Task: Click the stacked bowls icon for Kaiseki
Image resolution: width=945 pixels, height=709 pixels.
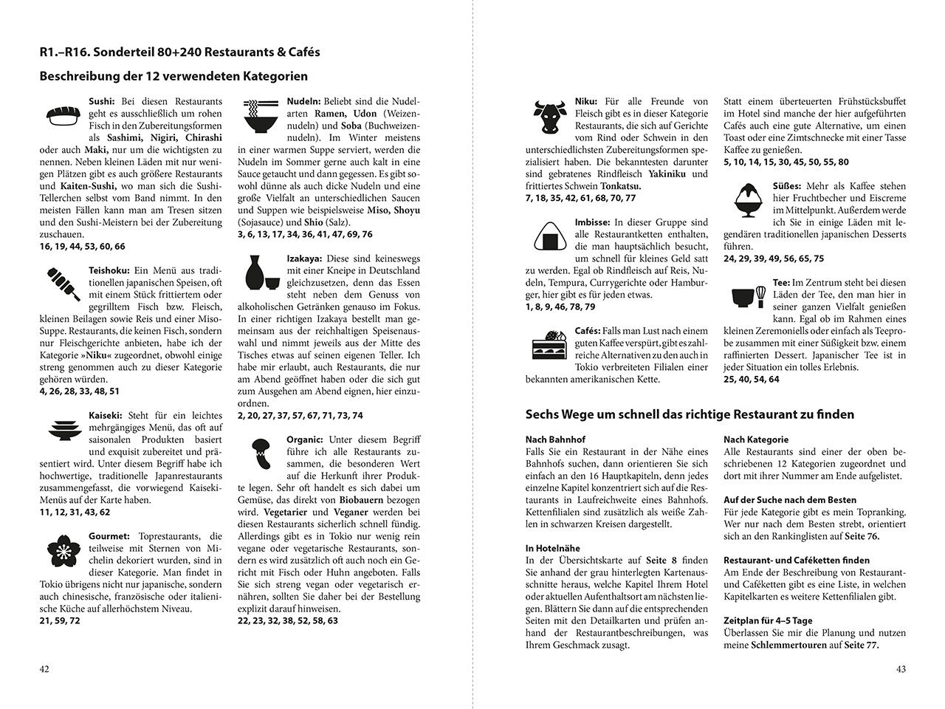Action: pyautogui.click(x=62, y=429)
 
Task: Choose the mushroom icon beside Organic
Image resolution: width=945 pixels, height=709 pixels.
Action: pyautogui.click(x=261, y=454)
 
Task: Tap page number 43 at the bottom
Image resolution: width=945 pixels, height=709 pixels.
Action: pyautogui.click(x=900, y=669)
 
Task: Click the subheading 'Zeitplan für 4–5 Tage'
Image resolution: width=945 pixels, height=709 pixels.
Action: pyautogui.click(x=768, y=621)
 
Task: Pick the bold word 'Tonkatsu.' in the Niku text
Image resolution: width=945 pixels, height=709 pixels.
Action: pyautogui.click(x=621, y=186)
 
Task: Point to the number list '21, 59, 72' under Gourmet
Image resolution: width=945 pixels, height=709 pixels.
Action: pyautogui.click(x=61, y=621)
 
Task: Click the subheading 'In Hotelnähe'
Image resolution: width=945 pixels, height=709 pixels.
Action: pyautogui.click(x=552, y=549)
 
